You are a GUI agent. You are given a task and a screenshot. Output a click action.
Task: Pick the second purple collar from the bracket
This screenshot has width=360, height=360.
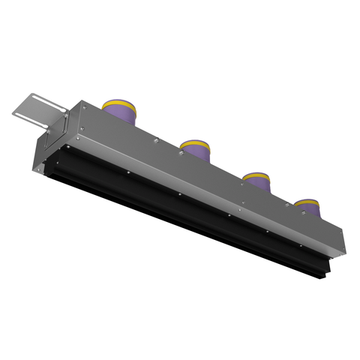tap(196, 154)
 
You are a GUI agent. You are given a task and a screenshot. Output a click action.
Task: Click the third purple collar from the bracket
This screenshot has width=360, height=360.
tap(257, 187)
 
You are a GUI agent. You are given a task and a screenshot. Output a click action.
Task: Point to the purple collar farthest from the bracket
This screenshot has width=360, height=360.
tap(306, 213)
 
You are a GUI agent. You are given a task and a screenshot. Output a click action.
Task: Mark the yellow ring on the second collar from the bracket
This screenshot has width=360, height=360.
tap(196, 145)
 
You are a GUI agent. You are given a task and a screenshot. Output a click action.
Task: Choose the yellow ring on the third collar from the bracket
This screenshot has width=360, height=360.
tap(257, 178)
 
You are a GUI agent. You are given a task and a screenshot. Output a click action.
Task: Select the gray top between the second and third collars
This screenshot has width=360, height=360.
tap(228, 176)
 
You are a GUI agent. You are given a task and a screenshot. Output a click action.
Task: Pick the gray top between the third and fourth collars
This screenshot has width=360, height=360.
tap(283, 206)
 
